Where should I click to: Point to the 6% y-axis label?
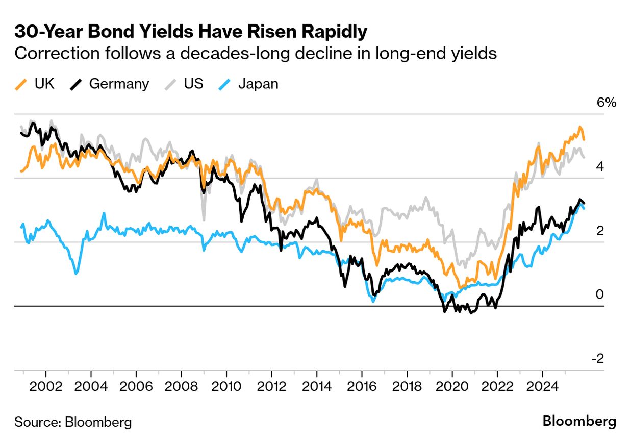606,103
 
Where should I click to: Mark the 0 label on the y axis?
600,294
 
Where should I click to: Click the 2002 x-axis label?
46,384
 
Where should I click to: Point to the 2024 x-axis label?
542,384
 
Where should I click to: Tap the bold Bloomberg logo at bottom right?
579,422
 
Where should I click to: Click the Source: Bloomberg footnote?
73,422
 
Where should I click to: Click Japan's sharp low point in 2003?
76,274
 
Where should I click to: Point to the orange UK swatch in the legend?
20,84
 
